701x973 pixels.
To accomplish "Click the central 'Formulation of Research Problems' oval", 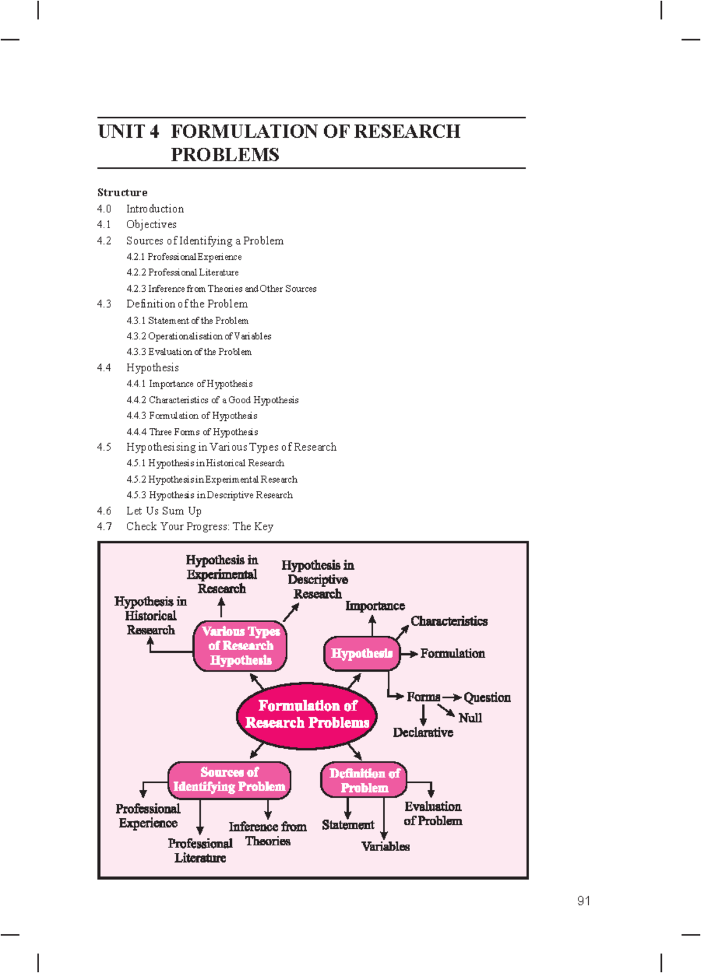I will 307,714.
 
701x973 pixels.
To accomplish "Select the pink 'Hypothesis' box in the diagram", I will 362,653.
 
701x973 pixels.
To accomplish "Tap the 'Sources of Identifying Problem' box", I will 229,780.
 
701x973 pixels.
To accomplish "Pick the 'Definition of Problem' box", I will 364,780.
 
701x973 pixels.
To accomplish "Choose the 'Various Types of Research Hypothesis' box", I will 240,646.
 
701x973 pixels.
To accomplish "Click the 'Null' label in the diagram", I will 470,718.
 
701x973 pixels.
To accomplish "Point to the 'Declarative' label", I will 423,733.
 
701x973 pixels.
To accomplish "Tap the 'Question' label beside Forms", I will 487,698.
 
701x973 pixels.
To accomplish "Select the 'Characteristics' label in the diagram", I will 449,621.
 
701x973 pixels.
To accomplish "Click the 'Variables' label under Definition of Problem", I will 386,846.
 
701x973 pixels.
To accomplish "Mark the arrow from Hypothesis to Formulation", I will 410,654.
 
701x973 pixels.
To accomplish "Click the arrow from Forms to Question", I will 452,697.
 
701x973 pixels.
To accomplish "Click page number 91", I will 584,901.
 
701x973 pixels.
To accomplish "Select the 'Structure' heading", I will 122,193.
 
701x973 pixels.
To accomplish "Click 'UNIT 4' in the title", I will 129,132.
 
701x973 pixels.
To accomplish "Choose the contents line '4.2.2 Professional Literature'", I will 182,273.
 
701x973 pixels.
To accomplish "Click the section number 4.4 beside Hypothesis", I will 104,368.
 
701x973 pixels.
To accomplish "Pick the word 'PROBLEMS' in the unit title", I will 225,155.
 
